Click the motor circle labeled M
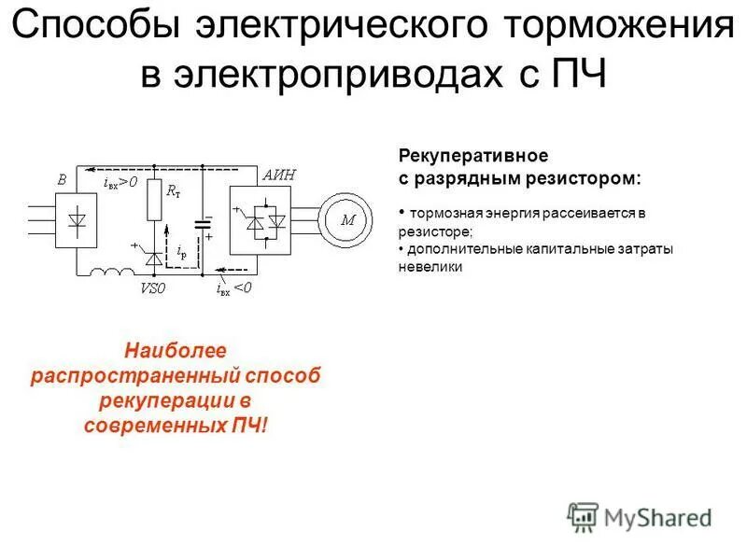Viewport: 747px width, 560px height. (347, 219)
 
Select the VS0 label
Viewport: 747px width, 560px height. (153, 289)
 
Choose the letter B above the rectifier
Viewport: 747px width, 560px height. (62, 179)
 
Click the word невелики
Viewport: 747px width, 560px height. (430, 266)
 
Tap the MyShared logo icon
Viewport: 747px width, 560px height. (583, 515)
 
